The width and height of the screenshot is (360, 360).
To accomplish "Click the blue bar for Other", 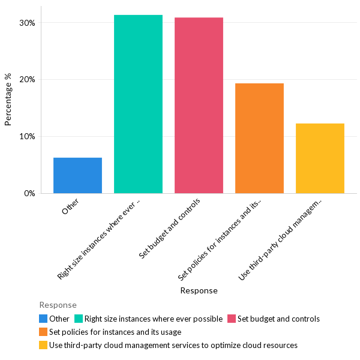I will [x=77, y=175].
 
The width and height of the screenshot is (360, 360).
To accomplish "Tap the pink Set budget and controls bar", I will [x=199, y=106].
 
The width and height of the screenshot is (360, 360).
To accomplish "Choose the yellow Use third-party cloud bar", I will [x=320, y=158].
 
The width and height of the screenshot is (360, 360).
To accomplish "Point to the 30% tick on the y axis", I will [x=28, y=23].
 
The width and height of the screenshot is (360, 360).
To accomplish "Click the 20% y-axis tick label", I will [x=28, y=80].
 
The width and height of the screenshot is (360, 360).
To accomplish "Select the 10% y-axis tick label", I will [x=28, y=136].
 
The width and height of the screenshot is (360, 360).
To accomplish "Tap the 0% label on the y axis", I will [x=30, y=193].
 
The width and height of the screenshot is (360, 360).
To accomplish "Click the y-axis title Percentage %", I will [x=8, y=99].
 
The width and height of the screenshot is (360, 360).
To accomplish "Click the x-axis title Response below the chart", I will [x=199, y=290].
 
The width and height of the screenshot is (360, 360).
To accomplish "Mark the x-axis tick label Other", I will [x=70, y=208].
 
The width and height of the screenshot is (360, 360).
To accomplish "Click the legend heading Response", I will [x=58, y=305].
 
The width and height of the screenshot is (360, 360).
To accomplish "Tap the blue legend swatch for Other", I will [x=43, y=319].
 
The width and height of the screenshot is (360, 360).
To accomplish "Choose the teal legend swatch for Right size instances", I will [x=78, y=319].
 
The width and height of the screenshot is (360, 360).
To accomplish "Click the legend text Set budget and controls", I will [x=278, y=319].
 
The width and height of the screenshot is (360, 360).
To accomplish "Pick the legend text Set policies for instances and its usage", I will [x=115, y=332].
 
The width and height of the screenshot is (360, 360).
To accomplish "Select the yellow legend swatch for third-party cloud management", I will [x=43, y=345].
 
